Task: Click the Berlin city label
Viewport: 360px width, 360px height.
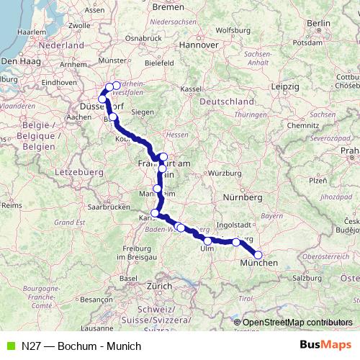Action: pos(318,23)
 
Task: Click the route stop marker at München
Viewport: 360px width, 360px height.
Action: pos(258,255)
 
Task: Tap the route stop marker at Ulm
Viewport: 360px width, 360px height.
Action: pos(207,241)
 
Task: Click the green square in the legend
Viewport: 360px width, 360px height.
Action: pos(9,346)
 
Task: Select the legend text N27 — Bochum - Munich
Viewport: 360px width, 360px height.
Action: pos(81,346)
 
